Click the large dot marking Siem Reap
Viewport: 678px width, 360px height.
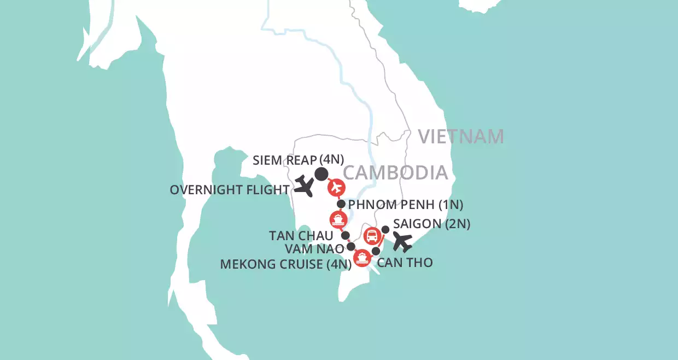tap(321, 174)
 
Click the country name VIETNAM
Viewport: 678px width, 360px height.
tap(460, 136)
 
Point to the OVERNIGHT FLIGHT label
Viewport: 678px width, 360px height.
tap(230, 190)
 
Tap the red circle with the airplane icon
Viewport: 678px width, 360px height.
tap(336, 188)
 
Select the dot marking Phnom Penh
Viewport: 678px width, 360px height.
tap(341, 204)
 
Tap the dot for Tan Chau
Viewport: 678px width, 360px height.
tap(346, 235)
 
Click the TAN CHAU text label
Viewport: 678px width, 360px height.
tap(301, 236)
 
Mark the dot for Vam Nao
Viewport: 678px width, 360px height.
tap(351, 246)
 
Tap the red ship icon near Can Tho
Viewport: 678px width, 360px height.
tap(361, 258)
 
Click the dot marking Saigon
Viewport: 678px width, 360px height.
tap(385, 229)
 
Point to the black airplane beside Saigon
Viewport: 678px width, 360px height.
tap(403, 242)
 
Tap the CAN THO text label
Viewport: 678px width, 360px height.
tap(406, 262)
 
